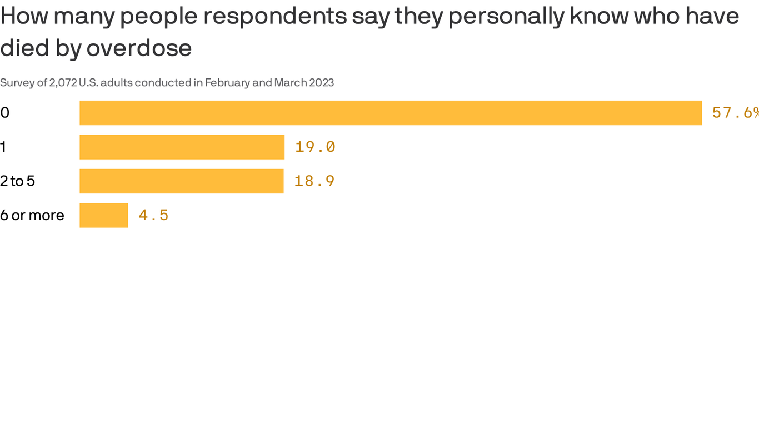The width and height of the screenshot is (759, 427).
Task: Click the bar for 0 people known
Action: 391,113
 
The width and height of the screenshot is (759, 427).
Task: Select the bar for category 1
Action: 182,147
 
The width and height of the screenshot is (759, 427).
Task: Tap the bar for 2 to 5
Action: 181,181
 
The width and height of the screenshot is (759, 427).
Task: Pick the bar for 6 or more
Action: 104,215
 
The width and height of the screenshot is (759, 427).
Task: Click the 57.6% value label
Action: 735,113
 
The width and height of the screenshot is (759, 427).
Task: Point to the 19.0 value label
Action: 315,147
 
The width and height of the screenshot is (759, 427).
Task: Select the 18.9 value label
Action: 314,181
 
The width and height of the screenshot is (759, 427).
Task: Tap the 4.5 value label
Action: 153,215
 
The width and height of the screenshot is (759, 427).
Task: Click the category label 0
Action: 5,113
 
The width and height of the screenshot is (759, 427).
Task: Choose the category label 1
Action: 3,147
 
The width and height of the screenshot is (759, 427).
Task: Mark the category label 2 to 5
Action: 18,181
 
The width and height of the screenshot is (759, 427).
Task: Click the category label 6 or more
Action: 32,215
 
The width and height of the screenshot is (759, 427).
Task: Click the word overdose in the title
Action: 139,48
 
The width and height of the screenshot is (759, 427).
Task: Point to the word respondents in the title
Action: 275,17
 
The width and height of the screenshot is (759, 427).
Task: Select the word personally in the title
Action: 506,17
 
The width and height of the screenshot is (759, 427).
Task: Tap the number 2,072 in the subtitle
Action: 63,83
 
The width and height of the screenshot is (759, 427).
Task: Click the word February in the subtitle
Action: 227,83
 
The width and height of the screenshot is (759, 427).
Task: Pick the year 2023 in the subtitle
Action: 321,83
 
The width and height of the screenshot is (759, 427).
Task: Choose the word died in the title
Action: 25,48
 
